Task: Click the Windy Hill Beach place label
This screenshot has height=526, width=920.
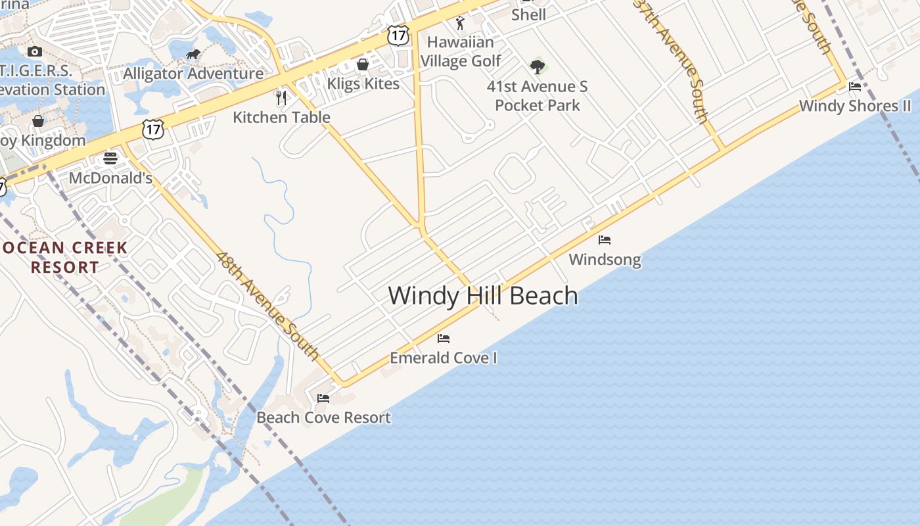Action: tap(483, 295)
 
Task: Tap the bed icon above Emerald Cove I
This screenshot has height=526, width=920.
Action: tap(444, 339)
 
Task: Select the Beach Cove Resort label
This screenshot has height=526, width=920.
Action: tap(323, 418)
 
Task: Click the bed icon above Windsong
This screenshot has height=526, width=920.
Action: tap(605, 240)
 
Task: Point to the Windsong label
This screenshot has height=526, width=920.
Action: tap(605, 260)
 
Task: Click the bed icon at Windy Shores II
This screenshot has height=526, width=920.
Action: tap(855, 86)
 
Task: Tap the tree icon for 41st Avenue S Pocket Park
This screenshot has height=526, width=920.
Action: tap(538, 66)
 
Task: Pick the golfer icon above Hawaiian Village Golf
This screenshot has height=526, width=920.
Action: tap(460, 23)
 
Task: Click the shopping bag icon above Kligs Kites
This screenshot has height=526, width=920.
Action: tap(362, 64)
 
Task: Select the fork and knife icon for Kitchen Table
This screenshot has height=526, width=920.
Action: tap(282, 98)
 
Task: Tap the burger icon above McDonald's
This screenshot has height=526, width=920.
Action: tap(110, 158)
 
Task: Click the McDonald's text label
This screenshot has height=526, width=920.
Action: tap(110, 178)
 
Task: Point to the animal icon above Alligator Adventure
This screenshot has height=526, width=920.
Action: tap(193, 55)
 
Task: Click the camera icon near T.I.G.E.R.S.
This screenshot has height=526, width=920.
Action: tap(35, 51)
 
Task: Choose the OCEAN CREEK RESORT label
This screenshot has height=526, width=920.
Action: tap(64, 258)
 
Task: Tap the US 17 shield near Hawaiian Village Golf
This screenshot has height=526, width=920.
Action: tap(398, 35)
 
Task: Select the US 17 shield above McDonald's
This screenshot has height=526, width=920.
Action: tap(153, 129)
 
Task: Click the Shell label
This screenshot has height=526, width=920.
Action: tap(528, 14)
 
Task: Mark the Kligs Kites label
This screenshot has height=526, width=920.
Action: tap(363, 84)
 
